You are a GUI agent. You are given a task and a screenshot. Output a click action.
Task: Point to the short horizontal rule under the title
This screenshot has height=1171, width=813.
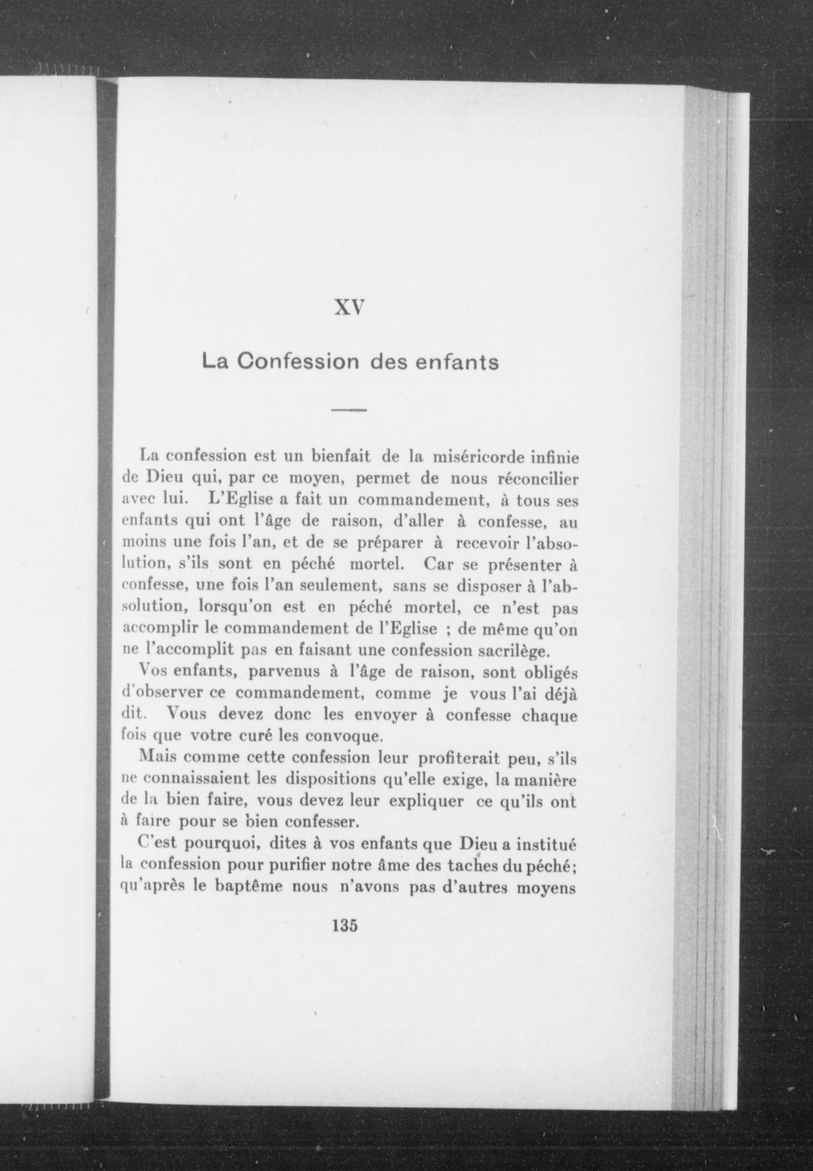coord(350,410)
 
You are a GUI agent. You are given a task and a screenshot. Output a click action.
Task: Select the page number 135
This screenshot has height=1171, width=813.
coord(345,925)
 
